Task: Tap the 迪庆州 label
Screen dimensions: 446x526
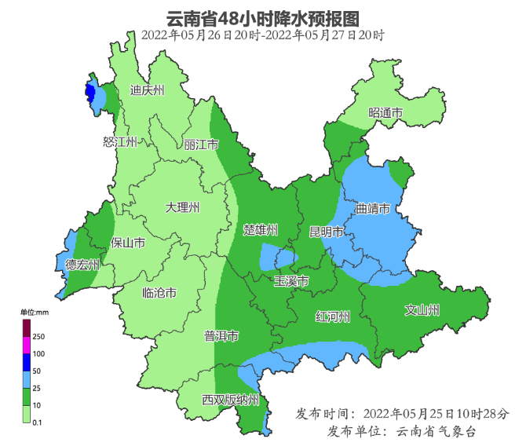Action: point(148,90)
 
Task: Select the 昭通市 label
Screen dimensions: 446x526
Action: point(385,114)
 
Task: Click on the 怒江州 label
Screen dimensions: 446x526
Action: point(120,142)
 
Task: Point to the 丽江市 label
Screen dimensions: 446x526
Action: point(202,145)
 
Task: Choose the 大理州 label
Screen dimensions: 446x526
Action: point(182,208)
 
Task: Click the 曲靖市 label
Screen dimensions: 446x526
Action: point(373,210)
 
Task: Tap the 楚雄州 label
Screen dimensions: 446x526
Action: point(261,230)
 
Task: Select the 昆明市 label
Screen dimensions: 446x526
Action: point(327,232)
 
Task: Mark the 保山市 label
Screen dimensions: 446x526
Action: point(127,243)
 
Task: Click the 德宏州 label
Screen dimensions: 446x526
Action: point(82,265)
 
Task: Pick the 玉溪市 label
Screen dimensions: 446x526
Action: point(290,281)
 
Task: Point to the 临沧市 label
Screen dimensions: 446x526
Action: point(159,293)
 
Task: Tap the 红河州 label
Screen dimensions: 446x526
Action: point(332,316)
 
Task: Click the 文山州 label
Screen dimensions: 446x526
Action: point(422,309)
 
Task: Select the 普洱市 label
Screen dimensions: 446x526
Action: point(221,336)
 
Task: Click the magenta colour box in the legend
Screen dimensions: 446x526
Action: point(26,345)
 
